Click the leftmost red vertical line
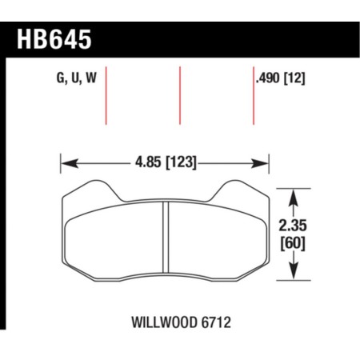[x=107, y=96]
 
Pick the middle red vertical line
[x=180, y=96]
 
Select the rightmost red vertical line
[x=253, y=96]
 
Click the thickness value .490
[x=268, y=78]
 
